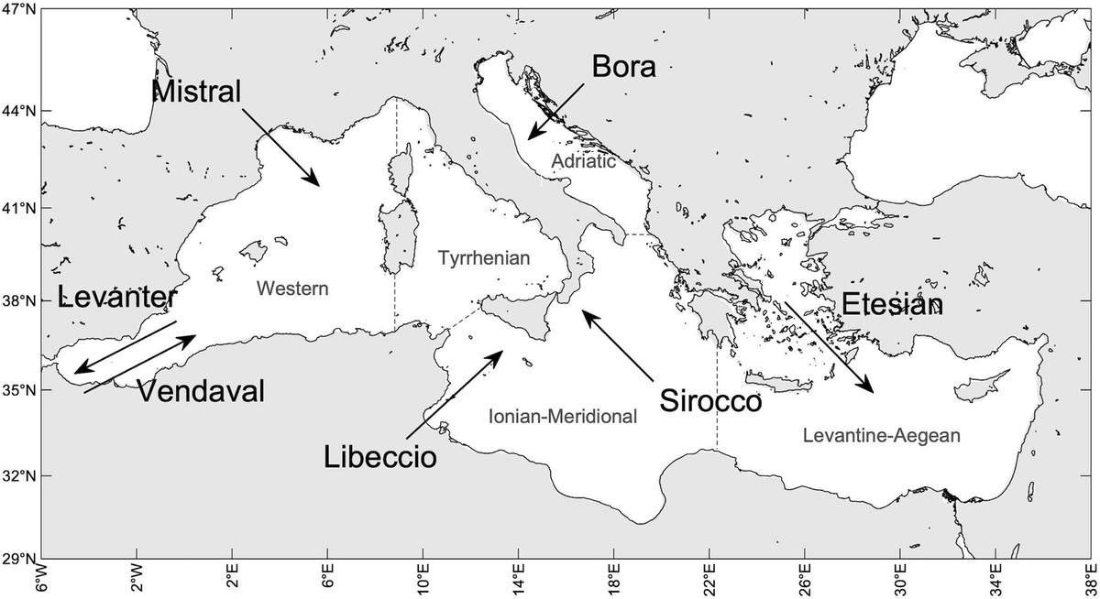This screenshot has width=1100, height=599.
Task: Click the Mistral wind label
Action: click(x=197, y=90)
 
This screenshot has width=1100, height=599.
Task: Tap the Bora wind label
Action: click(x=624, y=66)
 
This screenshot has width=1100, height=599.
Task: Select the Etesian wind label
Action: click(x=891, y=305)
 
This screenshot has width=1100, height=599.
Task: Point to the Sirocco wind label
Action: click(x=710, y=401)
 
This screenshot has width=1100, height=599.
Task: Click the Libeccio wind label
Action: click(x=379, y=455)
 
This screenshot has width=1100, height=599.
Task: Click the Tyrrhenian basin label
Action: click(x=485, y=259)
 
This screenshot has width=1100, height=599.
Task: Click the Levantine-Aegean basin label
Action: click(x=881, y=436)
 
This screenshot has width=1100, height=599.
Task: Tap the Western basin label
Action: click(x=291, y=289)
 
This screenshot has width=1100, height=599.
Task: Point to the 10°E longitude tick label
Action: click(x=423, y=581)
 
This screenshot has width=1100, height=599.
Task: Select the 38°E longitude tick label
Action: click(x=1087, y=581)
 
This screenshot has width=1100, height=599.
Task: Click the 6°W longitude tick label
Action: click(x=41, y=581)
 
